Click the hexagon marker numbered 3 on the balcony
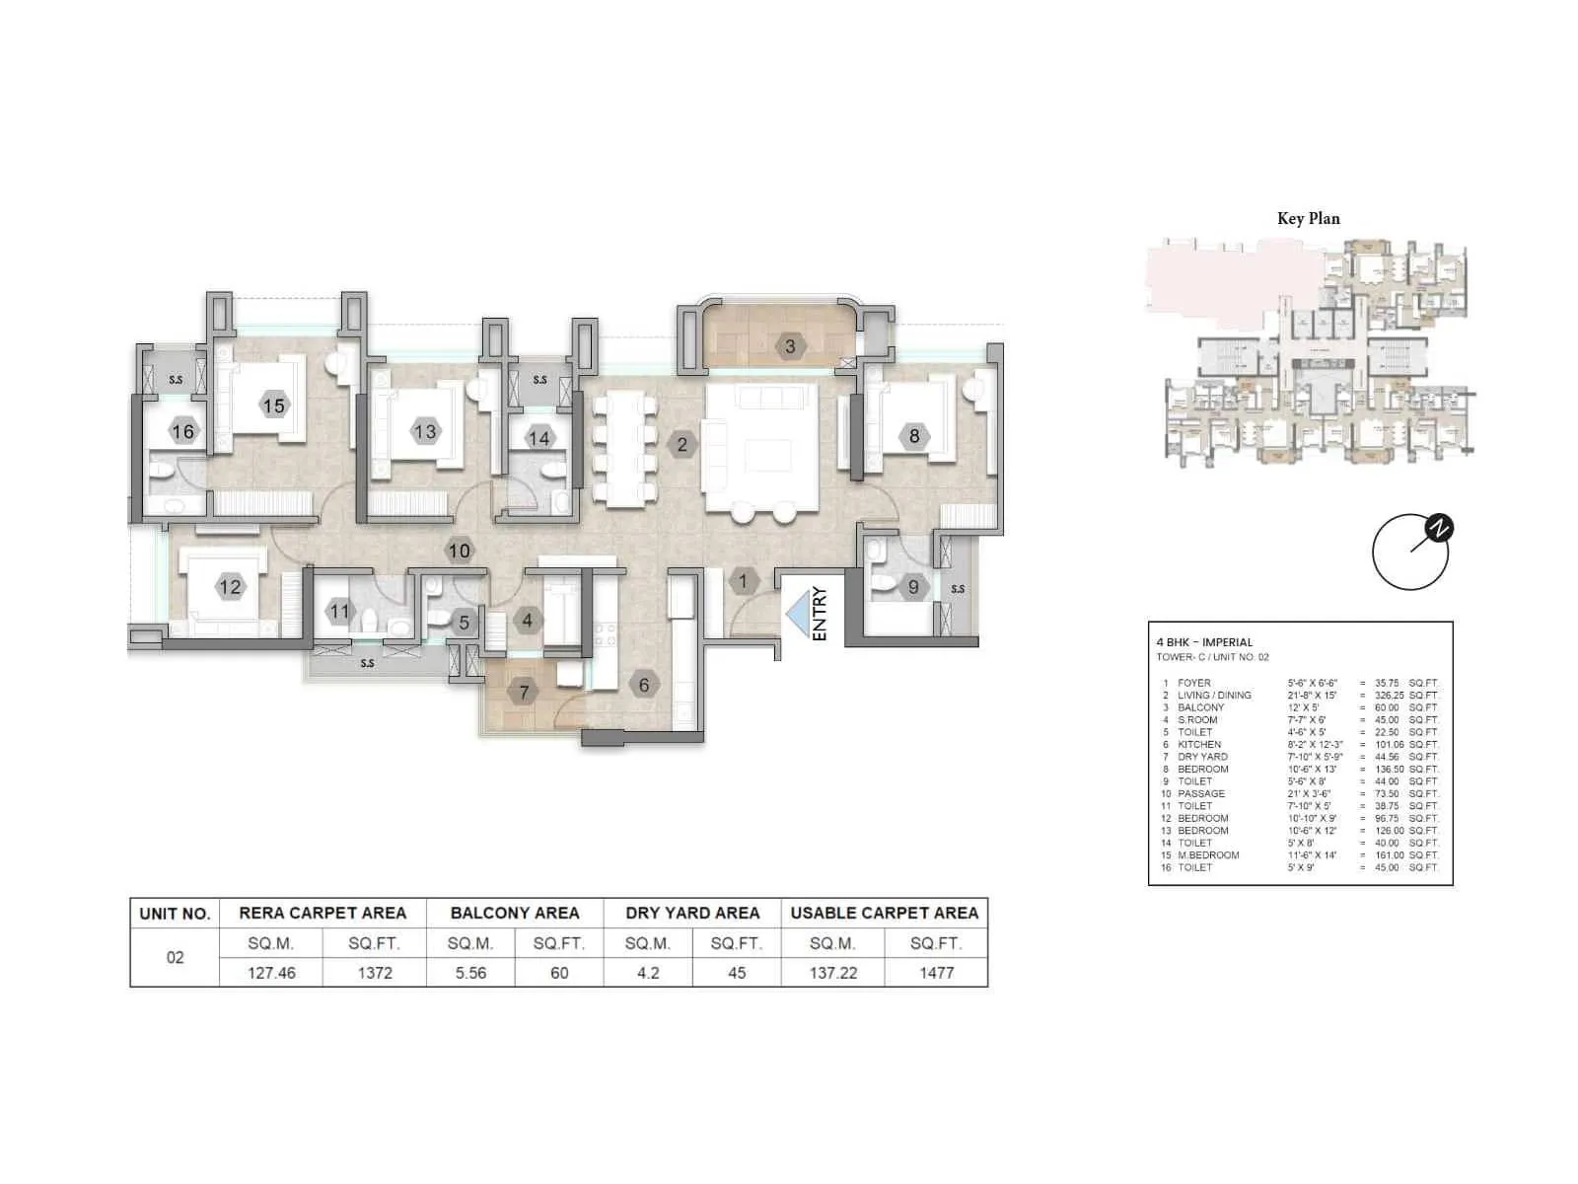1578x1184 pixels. coord(790,346)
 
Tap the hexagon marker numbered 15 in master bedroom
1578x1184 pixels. coord(273,406)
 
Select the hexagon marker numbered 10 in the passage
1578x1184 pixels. coord(460,551)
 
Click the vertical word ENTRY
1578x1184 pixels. coord(820,615)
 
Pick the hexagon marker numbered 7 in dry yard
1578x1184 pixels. coord(525,693)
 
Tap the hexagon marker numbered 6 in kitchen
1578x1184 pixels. coord(644,685)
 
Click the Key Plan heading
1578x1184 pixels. coord(1308,219)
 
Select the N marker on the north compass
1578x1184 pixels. coord(1439,529)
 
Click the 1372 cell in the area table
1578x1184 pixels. coord(375,973)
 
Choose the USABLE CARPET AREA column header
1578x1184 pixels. coord(884,913)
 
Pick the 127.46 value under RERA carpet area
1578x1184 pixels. coord(271,973)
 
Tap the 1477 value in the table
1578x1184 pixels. coord(936,973)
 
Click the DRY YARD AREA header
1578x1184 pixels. coord(692,913)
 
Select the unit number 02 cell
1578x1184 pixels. coord(175,957)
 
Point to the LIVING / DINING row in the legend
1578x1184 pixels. coord(1214,696)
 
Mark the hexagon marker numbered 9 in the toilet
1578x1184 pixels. coord(913,587)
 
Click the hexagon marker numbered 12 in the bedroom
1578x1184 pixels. coord(230,587)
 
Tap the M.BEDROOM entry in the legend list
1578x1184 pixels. coord(1208,855)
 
